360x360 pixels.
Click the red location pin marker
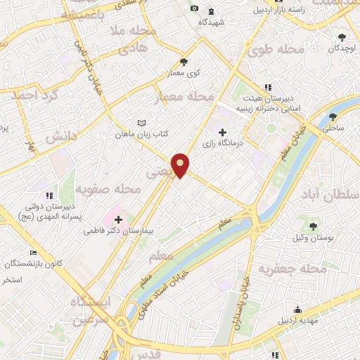coord(181,165)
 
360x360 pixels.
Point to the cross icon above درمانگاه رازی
coord(222,131)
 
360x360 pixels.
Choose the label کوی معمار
coord(184,72)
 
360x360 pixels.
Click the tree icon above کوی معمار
coord(184,61)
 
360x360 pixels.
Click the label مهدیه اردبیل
coord(300,321)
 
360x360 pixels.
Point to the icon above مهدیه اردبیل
coord(298,309)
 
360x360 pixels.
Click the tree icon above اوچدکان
coord(342,37)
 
